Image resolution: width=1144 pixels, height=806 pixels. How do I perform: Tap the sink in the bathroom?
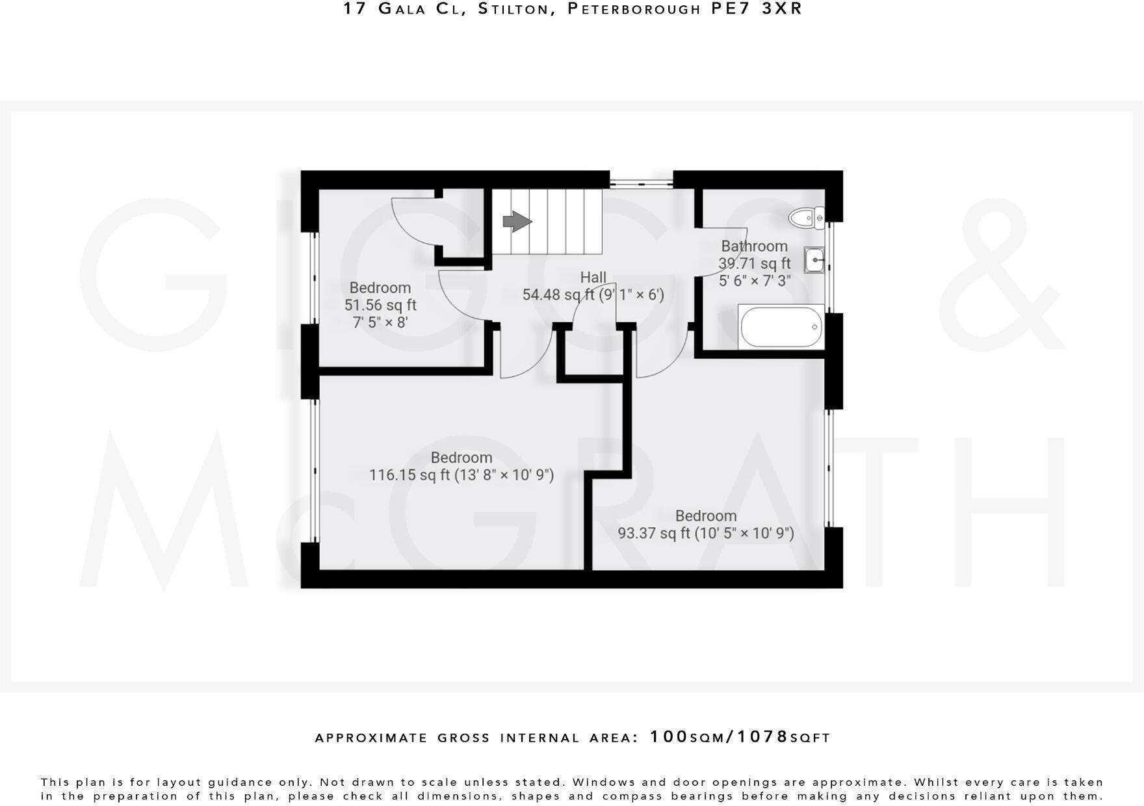coord(814,261)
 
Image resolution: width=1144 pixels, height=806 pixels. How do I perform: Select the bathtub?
coord(780,328)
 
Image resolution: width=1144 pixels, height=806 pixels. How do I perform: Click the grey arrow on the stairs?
coord(517,221)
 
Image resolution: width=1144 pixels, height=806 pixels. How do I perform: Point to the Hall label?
coord(593,278)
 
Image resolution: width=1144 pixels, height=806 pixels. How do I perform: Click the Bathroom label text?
coord(754,246)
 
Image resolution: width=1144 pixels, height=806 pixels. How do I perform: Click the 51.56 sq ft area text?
coord(380,305)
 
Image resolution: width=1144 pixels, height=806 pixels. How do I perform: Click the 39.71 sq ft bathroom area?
coord(754,263)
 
